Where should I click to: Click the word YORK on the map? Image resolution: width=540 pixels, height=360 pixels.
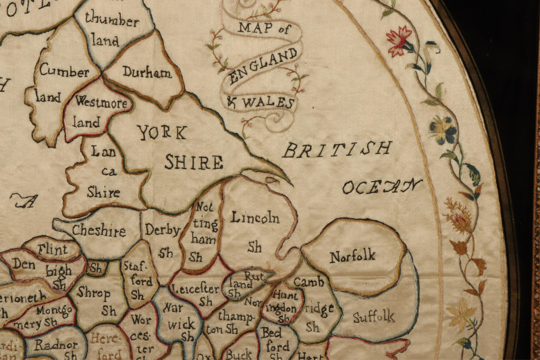point(163,132)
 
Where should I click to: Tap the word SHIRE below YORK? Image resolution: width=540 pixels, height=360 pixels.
point(194,162)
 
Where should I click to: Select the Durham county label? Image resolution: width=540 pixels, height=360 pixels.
point(147,73)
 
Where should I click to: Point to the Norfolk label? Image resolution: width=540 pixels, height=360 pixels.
point(352,256)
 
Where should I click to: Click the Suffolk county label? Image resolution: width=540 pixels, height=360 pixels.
point(373,315)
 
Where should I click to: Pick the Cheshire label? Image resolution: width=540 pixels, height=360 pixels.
point(99,231)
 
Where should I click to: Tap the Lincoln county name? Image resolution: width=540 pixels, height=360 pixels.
point(254,217)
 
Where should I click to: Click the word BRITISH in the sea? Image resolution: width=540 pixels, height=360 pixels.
point(337,149)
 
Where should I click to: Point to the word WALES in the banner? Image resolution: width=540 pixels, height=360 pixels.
point(269,103)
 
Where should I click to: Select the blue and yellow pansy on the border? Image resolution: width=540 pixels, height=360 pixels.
point(443,130)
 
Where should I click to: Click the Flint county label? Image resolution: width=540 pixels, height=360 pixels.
point(52,250)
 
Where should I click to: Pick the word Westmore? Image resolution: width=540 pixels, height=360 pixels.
point(101,103)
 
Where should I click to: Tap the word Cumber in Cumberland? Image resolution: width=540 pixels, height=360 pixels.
point(64,71)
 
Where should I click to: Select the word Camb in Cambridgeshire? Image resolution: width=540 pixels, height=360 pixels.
point(308,282)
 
